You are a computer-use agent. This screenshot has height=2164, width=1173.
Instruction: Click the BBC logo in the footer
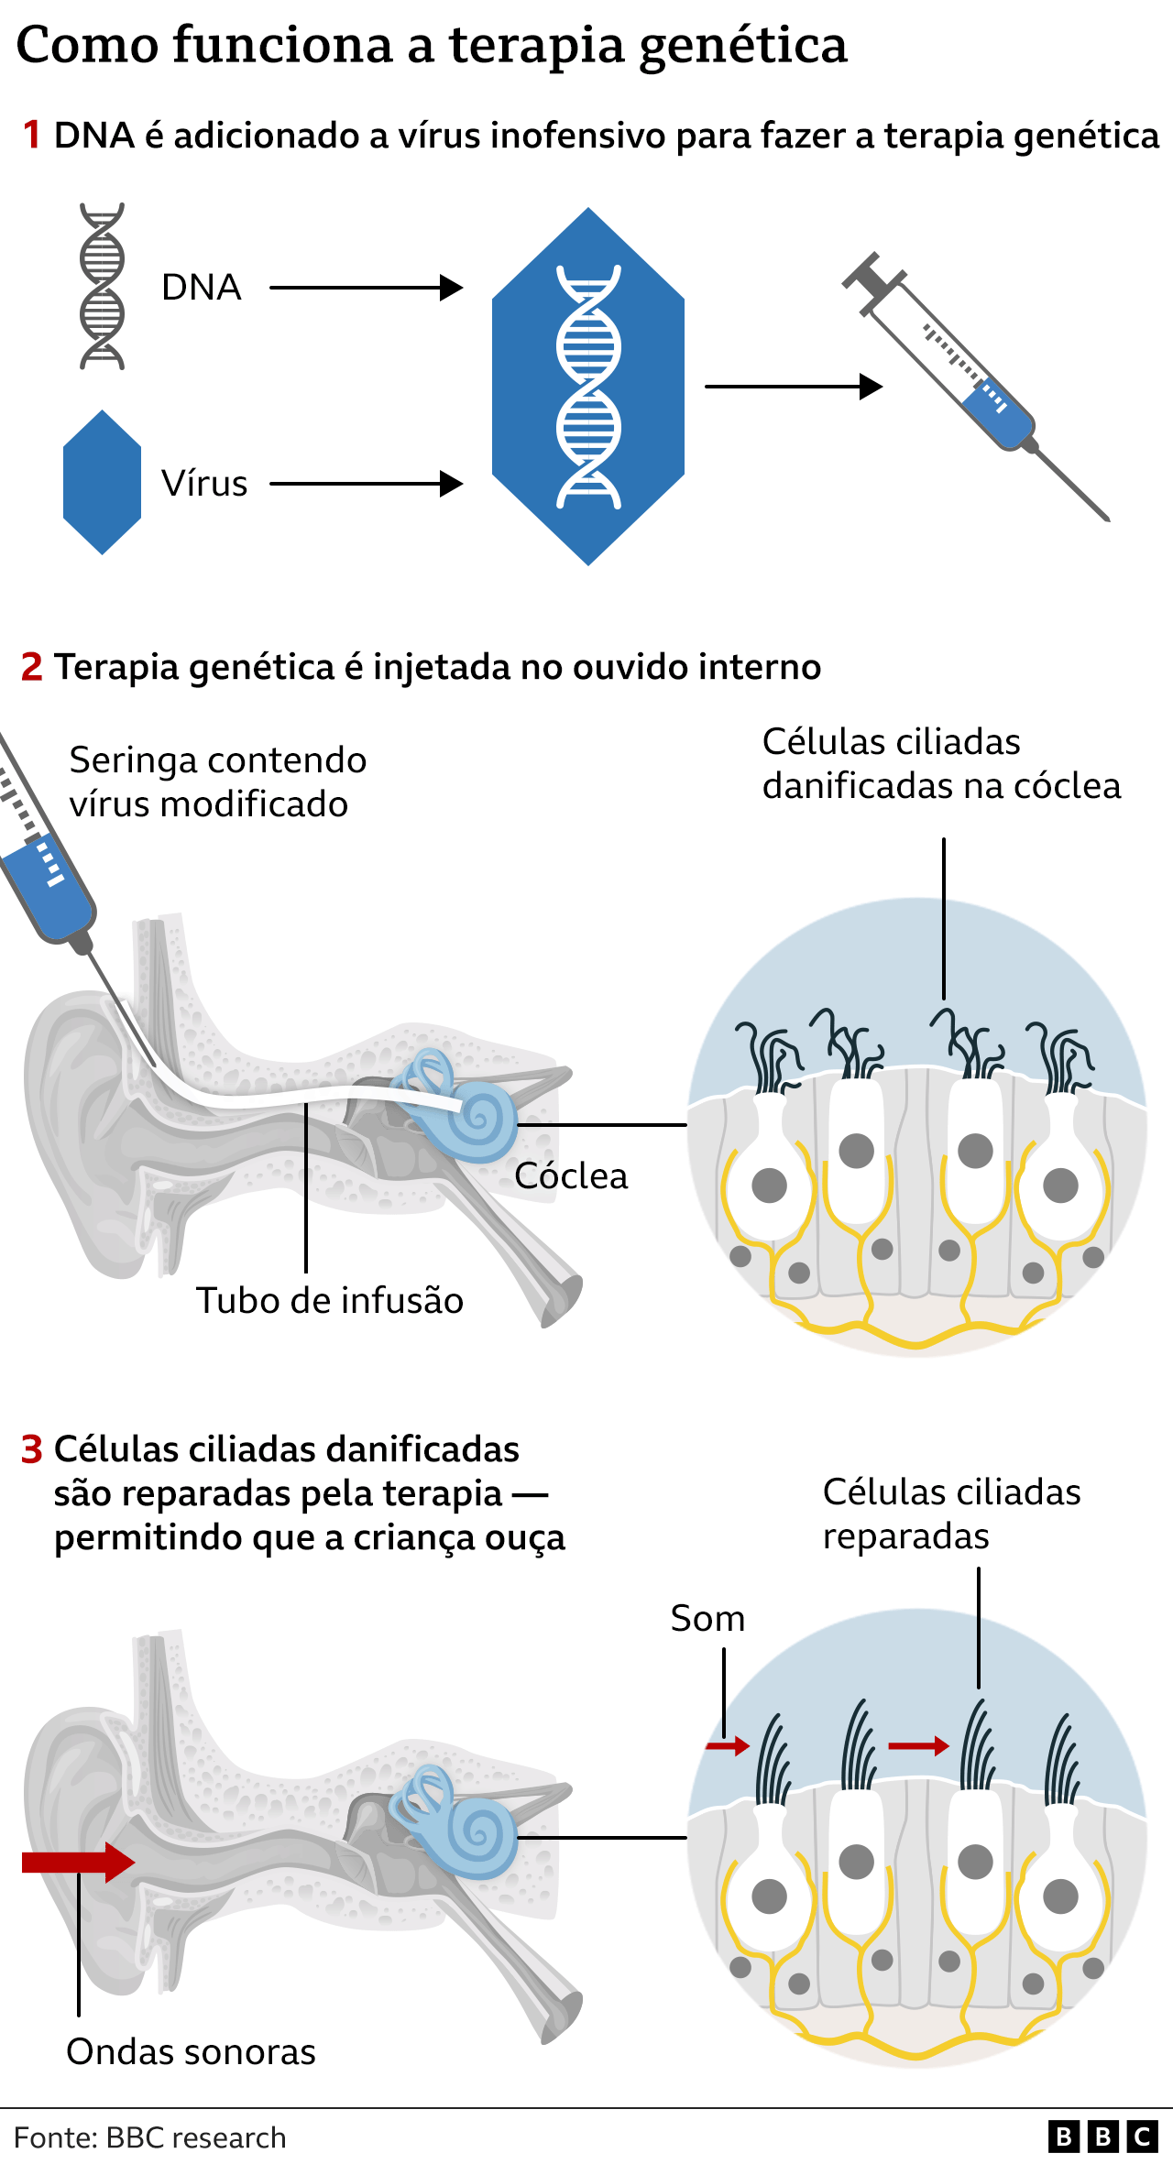tap(1102, 2137)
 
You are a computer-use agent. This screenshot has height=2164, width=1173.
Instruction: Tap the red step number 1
tap(32, 136)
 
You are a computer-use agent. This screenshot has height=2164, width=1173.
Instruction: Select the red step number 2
tap(32, 667)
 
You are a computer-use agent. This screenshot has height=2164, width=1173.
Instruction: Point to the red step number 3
tap(32, 1449)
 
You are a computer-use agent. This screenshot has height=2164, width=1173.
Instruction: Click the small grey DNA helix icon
tap(102, 287)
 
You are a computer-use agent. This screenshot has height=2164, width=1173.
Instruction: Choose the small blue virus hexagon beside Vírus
tap(102, 482)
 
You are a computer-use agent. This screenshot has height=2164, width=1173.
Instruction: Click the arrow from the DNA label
tap(366, 288)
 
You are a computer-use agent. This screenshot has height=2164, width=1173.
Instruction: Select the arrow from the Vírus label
tap(366, 484)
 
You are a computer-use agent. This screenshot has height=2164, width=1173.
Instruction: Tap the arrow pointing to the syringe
tap(793, 387)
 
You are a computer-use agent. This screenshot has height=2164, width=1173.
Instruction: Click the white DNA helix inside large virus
tap(588, 387)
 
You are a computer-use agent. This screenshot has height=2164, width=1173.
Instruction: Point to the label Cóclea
tap(571, 1176)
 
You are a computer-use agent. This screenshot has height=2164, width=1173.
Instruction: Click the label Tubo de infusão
tap(330, 1301)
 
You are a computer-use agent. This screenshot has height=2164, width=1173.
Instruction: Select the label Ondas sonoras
tap(191, 2052)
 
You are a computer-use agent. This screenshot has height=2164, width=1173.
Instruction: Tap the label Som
tap(707, 1619)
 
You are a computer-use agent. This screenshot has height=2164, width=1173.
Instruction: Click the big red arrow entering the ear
tap(79, 1862)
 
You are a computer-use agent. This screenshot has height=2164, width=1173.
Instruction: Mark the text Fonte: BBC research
tap(150, 2137)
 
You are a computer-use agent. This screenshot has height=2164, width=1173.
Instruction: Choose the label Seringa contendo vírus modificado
tap(218, 782)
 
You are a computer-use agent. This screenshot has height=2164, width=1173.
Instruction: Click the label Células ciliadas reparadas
tap(951, 1514)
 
